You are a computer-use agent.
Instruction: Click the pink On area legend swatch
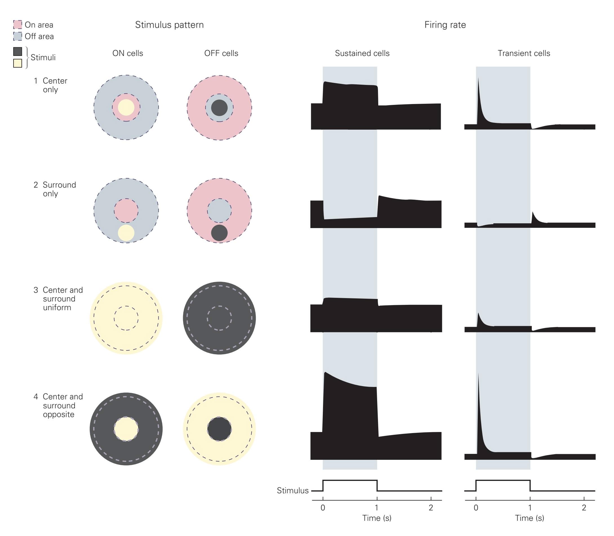point(18,24)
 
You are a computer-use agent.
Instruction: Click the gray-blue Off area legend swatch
point(18,36)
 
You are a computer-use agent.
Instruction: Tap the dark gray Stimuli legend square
point(18,51)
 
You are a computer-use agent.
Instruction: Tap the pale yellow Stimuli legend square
point(18,63)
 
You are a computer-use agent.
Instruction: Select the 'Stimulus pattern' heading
point(169,25)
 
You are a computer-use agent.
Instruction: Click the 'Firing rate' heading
point(445,25)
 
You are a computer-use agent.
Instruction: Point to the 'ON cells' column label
point(128,53)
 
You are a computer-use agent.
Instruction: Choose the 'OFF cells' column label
point(221,53)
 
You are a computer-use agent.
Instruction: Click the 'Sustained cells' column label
point(362,53)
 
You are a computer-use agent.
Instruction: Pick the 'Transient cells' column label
point(524,53)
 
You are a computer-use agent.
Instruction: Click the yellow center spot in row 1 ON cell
point(126,107)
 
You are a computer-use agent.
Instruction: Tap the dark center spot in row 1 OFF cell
point(219,108)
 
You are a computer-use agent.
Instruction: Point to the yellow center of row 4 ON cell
point(126,429)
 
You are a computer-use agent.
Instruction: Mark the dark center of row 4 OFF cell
point(219,429)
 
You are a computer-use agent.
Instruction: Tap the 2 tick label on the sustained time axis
point(431,508)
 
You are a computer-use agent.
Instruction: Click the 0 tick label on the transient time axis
point(476,508)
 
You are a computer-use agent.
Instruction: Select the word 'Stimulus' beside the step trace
point(293,490)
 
